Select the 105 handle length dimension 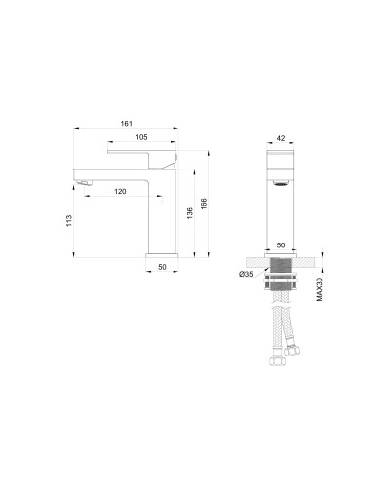pos(140,137)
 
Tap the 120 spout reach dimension pos(120,191)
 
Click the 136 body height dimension pos(189,213)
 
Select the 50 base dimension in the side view pos(162,266)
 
